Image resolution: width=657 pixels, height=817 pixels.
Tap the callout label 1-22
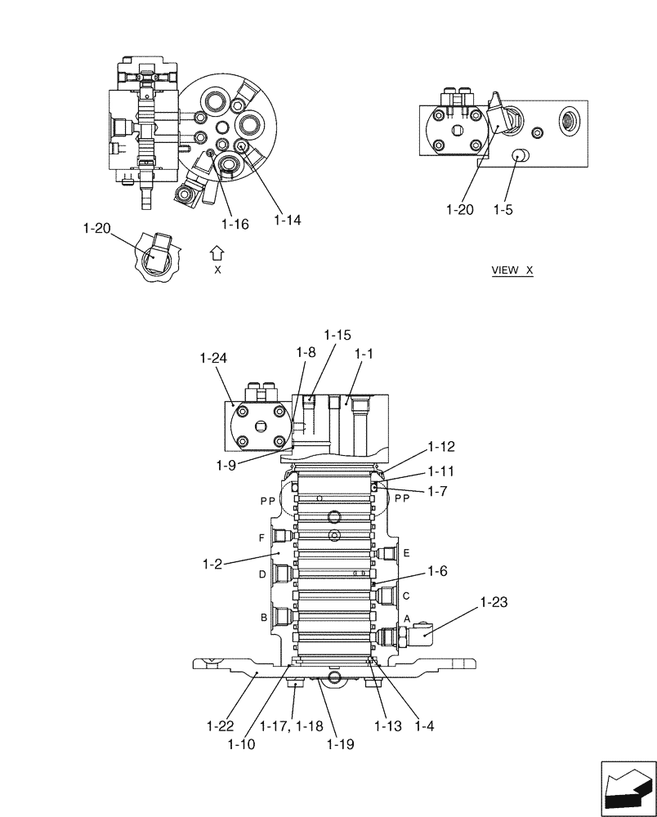click(221, 725)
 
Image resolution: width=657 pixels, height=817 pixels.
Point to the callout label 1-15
click(337, 334)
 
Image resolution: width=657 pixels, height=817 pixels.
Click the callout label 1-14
click(287, 220)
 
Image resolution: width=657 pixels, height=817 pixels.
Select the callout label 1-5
click(503, 209)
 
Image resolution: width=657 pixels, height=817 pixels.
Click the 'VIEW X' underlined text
click(512, 270)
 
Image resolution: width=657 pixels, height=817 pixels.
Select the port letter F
click(261, 538)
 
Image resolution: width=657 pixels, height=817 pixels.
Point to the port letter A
click(406, 619)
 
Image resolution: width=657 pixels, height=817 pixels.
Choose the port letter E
click(406, 553)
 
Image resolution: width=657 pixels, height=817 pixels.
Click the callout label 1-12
click(441, 447)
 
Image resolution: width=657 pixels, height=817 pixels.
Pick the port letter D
click(261, 574)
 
